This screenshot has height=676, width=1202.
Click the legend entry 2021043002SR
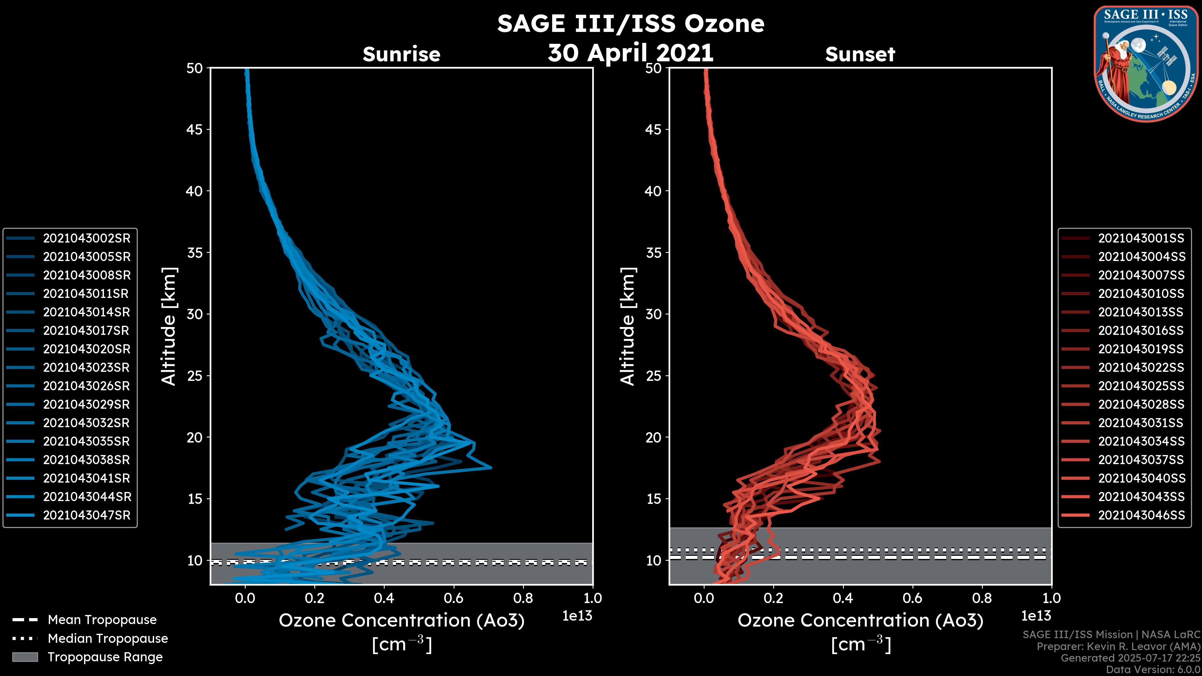87,238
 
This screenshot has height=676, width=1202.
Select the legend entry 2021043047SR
87,515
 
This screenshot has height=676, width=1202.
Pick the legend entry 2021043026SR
87,386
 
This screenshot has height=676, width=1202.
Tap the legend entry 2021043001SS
1141,238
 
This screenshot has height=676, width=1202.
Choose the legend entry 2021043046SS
1141,515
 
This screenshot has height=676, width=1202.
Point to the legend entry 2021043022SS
1141,368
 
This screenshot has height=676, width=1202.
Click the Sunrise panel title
401,54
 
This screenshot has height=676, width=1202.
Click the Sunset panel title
860,54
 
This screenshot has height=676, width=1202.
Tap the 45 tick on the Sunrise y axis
195,130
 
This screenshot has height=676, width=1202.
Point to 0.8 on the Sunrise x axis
523,598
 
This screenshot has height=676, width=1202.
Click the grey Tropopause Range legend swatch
25,657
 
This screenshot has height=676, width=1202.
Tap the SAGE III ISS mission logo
1145,64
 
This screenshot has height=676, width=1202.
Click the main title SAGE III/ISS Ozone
630,24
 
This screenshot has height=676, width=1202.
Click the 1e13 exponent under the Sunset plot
1036,616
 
